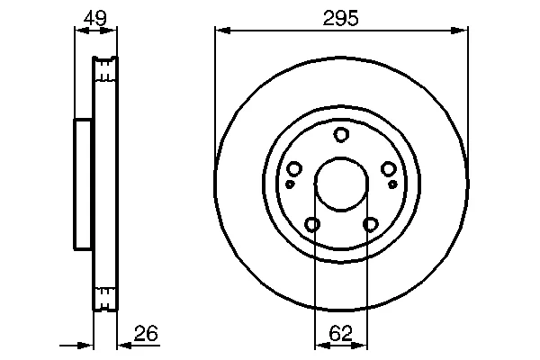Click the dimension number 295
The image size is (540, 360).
(340, 18)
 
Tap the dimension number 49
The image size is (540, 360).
(95, 18)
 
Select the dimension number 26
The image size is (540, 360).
(146, 333)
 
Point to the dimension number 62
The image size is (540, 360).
(340, 333)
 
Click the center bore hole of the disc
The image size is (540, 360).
(341, 184)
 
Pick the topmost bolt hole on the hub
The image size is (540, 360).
(341, 134)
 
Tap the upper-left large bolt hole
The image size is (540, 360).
(294, 168)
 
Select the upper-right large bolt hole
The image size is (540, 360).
(388, 168)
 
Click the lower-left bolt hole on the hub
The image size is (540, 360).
(312, 224)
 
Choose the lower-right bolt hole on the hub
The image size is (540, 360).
(370, 224)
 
